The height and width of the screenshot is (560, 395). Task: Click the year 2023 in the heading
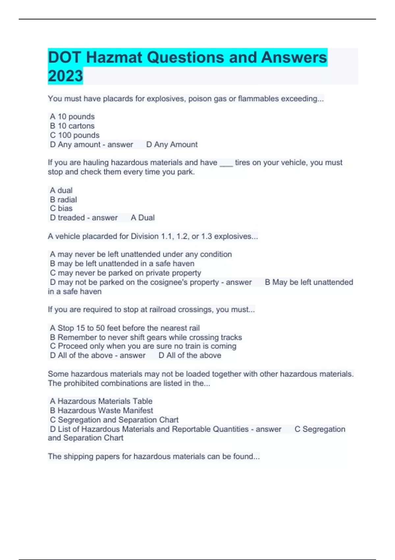coord(66,76)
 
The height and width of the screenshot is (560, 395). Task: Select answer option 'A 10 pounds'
coord(72,117)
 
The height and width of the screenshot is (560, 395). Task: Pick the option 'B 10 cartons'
coord(72,126)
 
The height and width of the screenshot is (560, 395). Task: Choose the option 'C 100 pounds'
coord(75,135)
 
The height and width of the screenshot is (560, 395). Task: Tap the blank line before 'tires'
coord(226,163)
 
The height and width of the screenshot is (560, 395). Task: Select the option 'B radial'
coord(64,200)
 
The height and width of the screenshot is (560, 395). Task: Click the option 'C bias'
coord(61,208)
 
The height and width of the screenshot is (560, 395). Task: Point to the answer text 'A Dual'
coord(143,218)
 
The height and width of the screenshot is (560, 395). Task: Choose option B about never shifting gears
coord(146,337)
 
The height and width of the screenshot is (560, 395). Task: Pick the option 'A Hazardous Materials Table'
coord(101,401)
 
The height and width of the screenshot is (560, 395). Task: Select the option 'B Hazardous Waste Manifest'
coord(102,410)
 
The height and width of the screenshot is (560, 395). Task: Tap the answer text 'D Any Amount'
coord(172,145)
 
